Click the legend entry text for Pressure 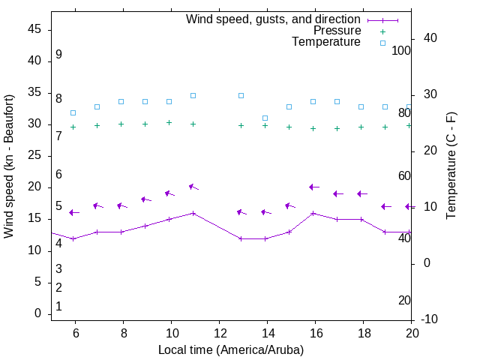click(337, 31)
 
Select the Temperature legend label click(326, 42)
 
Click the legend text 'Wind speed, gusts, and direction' click(274, 19)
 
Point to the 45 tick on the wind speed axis click(34, 29)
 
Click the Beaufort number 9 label click(58, 55)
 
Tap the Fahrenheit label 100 click(402, 50)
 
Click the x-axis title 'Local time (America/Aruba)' click(231, 349)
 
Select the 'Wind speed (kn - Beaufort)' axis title click(9, 166)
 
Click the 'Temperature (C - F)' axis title click(451, 166)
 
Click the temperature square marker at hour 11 click(193, 95)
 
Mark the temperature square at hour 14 click(265, 118)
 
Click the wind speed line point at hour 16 click(313, 213)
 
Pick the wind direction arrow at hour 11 click(193, 186)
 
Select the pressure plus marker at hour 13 click(241, 125)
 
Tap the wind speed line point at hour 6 click(73, 238)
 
